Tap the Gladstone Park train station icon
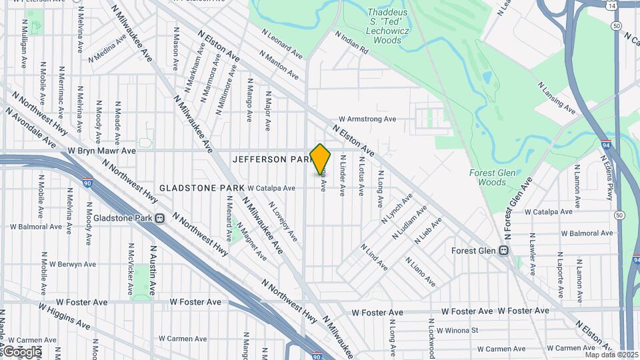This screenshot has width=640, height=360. pos(160,218)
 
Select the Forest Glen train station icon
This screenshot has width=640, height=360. pos(504,251)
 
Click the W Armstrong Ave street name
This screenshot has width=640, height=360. pos(367,119)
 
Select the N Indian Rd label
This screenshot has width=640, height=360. pos(351,41)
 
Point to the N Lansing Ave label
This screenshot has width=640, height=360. pos(556,98)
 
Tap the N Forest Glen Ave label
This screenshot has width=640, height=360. pos(518,209)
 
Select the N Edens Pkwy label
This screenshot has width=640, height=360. pos(607,178)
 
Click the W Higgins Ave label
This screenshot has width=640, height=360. pos(64,316)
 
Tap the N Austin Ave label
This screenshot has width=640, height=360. pos(153,270)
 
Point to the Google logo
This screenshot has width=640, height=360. pos(22,351)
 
